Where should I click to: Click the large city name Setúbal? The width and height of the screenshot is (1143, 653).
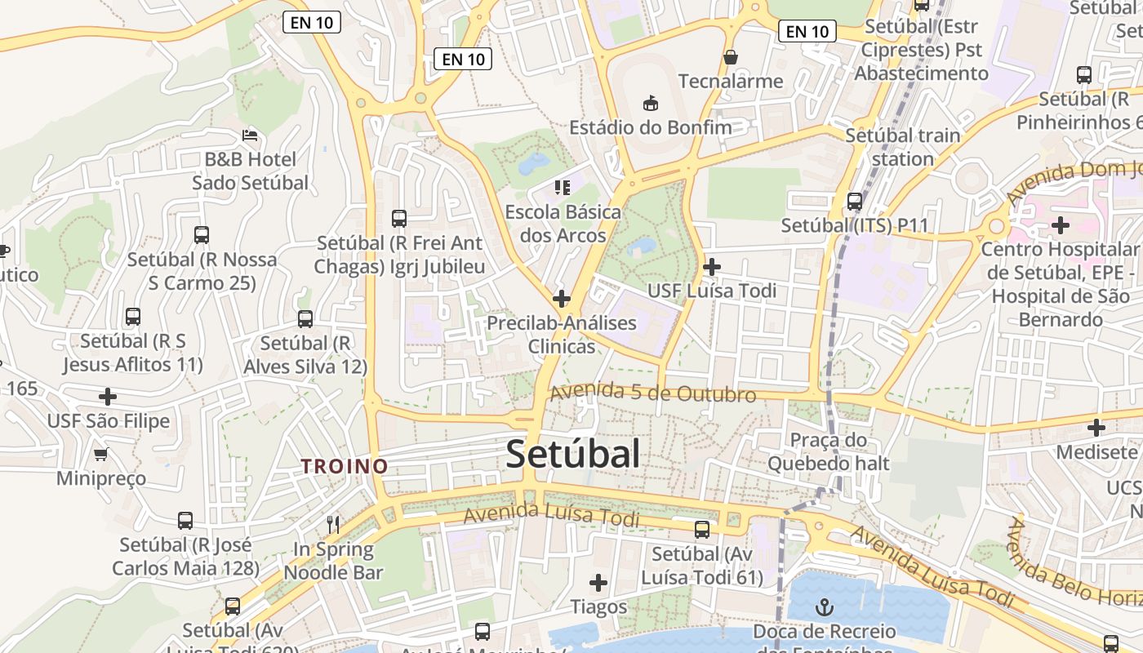572,454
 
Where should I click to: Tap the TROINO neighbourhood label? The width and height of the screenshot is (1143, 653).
344,466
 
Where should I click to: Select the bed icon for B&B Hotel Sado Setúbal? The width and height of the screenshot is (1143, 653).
250,135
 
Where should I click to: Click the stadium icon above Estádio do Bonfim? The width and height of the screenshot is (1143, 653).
650,103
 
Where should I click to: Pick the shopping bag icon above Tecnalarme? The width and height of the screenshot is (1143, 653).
730,57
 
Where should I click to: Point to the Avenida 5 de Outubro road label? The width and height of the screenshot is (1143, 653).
653,393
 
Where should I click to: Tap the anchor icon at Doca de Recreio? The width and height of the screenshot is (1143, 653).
825,607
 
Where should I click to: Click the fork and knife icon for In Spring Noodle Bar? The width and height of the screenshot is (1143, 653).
333,524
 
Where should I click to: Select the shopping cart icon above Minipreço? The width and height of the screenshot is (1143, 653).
101,454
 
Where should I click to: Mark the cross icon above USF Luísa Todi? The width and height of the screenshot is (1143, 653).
711,266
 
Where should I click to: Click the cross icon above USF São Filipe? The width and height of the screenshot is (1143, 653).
108,397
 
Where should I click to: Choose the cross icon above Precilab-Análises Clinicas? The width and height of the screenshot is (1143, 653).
561,299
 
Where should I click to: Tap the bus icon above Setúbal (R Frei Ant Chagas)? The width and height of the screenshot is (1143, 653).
399,219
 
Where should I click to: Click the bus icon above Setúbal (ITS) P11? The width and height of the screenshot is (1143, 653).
855,201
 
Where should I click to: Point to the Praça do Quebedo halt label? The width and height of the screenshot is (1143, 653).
828,451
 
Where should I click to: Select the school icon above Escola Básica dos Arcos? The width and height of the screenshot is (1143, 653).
562,188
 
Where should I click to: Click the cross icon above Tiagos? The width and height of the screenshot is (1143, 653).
598,583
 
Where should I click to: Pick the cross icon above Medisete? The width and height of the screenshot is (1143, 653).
1096,427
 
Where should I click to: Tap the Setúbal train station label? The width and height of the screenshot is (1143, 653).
902,147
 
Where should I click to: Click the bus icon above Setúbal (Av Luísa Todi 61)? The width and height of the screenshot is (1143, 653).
702,530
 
